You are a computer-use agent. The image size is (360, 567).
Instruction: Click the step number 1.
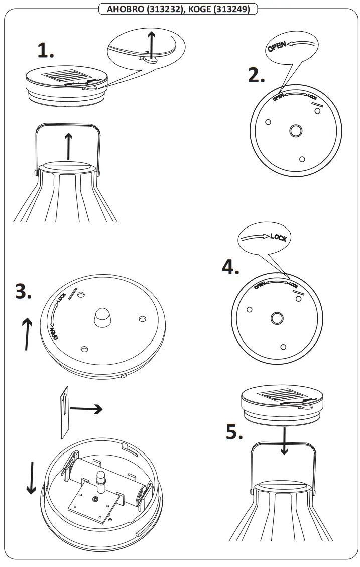[x=45, y=50]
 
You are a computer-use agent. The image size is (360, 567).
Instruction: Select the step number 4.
[x=230, y=267]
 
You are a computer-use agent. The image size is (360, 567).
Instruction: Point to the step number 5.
[x=233, y=431]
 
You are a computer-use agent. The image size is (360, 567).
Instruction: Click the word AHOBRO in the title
[x=124, y=9]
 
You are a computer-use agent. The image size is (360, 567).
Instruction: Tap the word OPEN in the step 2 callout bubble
[x=277, y=47]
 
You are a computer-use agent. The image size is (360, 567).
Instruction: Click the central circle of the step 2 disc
[x=294, y=132]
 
